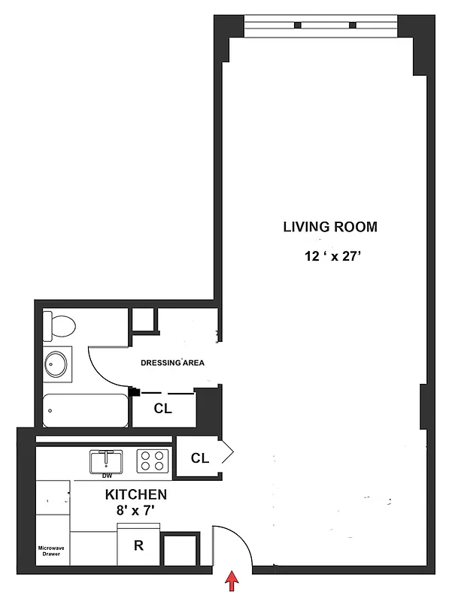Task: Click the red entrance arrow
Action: coord(232,581)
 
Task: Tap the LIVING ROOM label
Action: coord(329,227)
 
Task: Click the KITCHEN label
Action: coord(135,495)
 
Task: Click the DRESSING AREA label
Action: coord(173,363)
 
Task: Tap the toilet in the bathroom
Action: coord(60,325)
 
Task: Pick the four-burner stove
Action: coord(153,460)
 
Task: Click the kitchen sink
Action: coord(108,459)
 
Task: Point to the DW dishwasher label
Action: coord(108,476)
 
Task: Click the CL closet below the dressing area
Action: coord(163,409)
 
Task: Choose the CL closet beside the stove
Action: coord(199,458)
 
